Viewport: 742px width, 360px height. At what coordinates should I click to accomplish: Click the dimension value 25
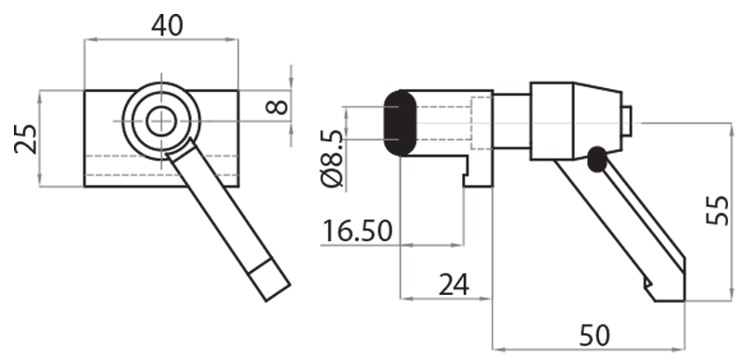pos(26,139)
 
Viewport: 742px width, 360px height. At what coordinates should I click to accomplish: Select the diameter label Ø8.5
pos(332,158)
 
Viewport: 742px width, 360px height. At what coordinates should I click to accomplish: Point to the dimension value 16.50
pos(358,229)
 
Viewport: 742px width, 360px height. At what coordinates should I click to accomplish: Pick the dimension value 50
pos(595,335)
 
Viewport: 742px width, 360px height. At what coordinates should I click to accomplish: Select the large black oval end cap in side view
pos(400,122)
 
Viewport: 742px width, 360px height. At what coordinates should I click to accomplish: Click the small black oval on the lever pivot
pos(596,159)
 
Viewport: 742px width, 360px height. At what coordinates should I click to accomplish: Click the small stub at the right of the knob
pos(627,120)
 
